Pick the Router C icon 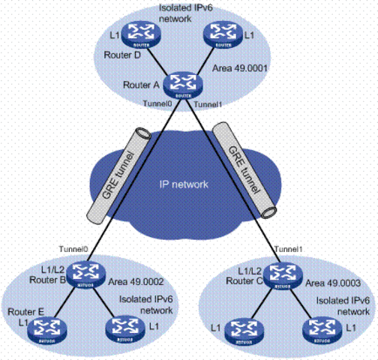281,272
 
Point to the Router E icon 47,328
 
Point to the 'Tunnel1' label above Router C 289,249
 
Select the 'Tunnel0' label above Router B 73,249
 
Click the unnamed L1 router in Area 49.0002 122,328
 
